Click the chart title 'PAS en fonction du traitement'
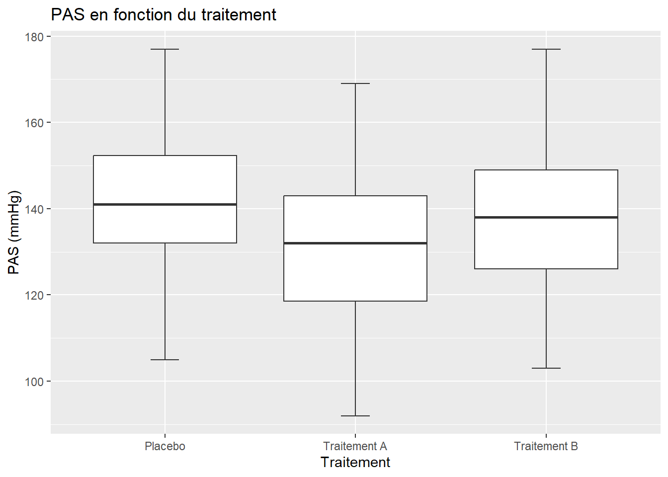164,14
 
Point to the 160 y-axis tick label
34,123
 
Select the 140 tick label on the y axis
34,209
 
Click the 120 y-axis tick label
34,295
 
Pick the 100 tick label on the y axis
34,382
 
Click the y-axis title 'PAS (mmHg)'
14,232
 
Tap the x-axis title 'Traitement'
355,463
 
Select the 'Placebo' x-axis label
165,446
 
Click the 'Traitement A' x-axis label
355,446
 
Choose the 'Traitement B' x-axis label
546,446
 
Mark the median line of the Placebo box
165,205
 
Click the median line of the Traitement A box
355,243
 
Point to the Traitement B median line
546,217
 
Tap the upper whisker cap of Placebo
165,49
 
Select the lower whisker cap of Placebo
165,360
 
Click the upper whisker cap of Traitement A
355,83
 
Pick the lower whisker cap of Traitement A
355,415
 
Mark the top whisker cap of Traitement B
546,49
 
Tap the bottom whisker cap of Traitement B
546,368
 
